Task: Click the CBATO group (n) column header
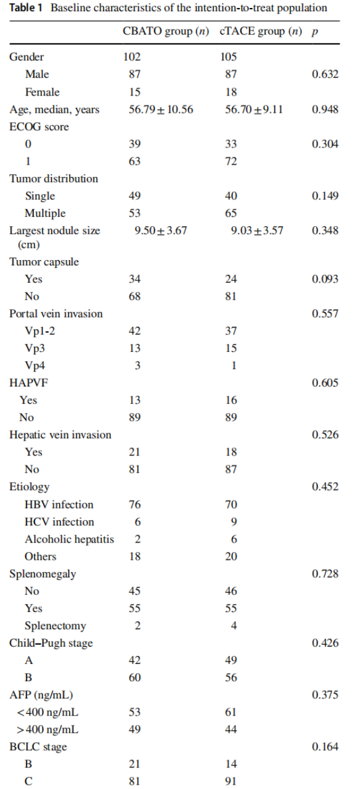166,31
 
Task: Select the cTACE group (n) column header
261,31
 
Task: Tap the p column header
314,33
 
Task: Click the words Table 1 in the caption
25,8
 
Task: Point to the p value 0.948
325,109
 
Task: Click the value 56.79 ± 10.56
161,109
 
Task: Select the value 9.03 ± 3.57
257,231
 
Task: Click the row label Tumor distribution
54,179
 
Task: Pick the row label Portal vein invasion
56,314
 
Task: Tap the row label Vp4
35,366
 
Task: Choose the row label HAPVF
28,383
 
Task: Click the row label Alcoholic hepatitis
70,539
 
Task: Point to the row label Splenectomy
55,626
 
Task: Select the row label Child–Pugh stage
51,643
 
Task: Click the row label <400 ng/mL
47,712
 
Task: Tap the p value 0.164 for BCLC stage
325,746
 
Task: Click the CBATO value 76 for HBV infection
134,504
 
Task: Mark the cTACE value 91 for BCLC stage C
231,781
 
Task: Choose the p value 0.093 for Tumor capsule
325,279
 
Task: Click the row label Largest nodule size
55,237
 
